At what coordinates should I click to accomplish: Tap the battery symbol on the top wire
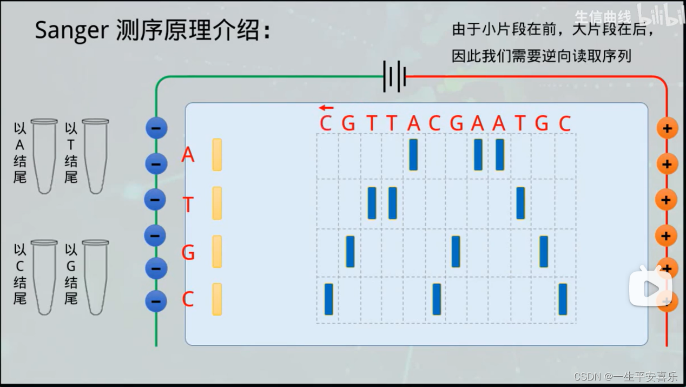pos(395,76)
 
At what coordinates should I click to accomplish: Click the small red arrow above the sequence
pos(326,108)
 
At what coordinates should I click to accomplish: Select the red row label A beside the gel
pos(188,155)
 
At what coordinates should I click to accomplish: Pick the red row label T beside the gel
pos(188,205)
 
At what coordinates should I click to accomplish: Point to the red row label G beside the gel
pos(188,252)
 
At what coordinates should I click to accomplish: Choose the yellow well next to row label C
pos(217,299)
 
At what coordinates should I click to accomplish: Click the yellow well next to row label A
pos(217,155)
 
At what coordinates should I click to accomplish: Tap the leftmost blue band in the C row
pos(328,299)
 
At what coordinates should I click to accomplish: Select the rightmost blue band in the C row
pos(563,299)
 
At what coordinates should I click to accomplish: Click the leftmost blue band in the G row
pos(350,251)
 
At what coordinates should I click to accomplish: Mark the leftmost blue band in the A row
pos(413,155)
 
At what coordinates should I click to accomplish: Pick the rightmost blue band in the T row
pos(520,203)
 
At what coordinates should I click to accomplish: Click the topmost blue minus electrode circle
pos(156,128)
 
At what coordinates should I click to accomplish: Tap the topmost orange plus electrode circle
pos(667,128)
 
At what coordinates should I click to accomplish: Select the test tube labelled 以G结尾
pos(95,277)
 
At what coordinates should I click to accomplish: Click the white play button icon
pos(650,287)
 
